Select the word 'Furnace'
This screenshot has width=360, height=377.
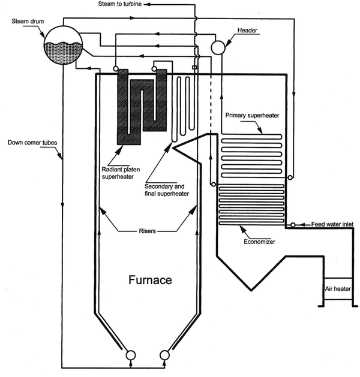coord(149,280)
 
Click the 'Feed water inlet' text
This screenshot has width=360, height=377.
coord(332,224)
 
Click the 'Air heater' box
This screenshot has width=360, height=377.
coord(337,289)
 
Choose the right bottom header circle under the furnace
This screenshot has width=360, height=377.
coord(164,355)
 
